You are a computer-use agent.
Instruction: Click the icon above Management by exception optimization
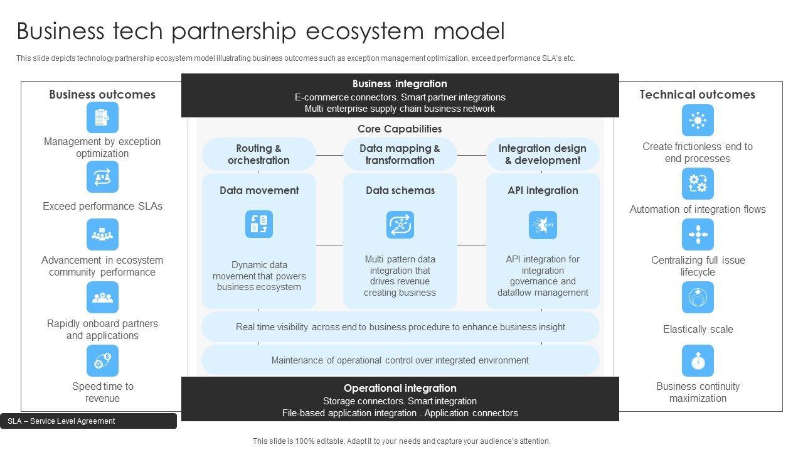click(102, 117)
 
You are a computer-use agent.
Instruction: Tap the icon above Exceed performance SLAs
click(102, 177)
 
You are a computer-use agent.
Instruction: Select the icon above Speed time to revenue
click(102, 360)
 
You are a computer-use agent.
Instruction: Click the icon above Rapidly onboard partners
click(102, 298)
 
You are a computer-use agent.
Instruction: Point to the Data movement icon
click(259, 224)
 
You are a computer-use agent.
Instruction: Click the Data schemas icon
click(400, 224)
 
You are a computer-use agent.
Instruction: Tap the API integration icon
click(543, 224)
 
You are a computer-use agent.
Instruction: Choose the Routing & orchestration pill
click(258, 154)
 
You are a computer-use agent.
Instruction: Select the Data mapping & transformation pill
click(400, 154)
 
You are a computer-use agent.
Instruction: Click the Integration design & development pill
click(543, 154)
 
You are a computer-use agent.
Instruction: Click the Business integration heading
click(400, 83)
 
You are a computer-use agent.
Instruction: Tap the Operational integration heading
click(400, 388)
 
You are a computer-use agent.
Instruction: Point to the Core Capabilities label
click(400, 129)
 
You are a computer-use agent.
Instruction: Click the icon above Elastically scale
click(698, 298)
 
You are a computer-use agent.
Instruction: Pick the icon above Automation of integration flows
click(698, 183)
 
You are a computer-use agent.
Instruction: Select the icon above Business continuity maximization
click(698, 360)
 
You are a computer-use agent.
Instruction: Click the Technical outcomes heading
click(697, 94)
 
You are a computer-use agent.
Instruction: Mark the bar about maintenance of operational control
click(400, 360)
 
